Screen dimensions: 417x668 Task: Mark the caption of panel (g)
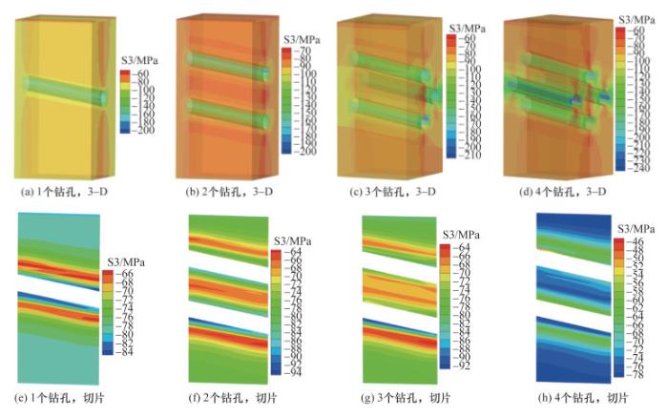401,397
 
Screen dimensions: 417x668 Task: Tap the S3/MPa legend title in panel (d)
636,18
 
